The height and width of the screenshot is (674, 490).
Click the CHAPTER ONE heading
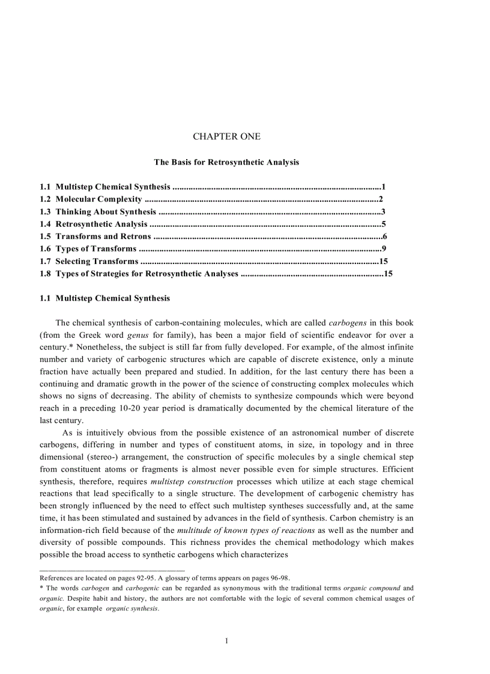click(226, 137)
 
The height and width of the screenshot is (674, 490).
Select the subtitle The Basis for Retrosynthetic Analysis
click(226, 162)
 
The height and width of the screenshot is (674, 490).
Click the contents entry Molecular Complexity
click(98, 199)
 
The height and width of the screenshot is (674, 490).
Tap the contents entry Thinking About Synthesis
click(106, 212)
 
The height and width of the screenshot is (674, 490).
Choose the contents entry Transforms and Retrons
click(103, 236)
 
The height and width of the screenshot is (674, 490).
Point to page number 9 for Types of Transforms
click(384, 248)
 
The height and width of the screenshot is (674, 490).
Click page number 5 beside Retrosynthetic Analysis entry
click(383, 224)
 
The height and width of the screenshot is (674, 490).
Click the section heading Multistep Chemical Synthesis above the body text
click(112, 298)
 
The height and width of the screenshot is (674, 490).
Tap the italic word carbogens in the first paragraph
click(348, 323)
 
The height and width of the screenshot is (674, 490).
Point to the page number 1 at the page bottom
click(226, 641)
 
